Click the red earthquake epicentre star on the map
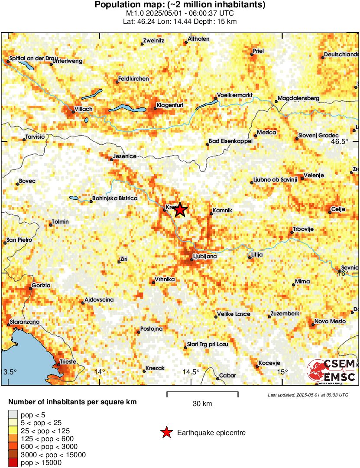coord(180,210)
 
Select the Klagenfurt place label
coord(170,105)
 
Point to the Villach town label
coord(84,109)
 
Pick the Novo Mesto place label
coord(330,321)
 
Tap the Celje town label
coord(337,209)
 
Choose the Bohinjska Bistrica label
coord(115,198)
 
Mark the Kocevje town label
coord(269,363)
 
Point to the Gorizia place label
coord(41,286)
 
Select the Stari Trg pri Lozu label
coord(207,344)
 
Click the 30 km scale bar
coord(202,394)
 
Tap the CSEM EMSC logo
coord(332,370)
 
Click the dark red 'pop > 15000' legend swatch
coord(13,463)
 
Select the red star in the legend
coord(166,432)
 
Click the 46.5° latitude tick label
coord(340,141)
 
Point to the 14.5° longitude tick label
coord(191,372)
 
